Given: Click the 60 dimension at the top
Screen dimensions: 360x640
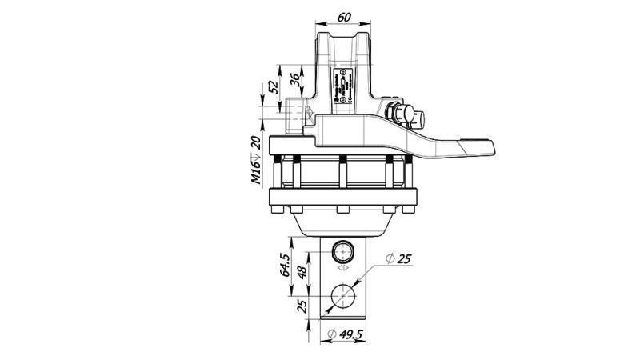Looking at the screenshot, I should click(x=344, y=16).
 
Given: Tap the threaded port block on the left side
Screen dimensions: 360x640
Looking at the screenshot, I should click(x=298, y=116).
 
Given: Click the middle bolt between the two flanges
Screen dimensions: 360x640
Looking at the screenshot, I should click(x=342, y=172).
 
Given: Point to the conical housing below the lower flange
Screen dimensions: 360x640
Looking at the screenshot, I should click(x=344, y=224).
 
